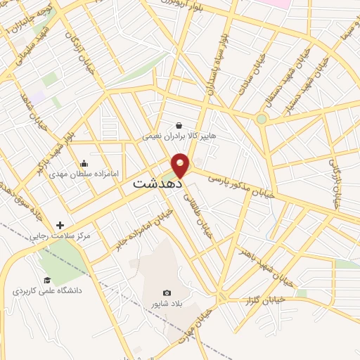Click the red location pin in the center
pos(181,165)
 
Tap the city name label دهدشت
pos(157,182)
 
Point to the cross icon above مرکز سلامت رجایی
pos(60,225)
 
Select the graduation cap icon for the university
pos(46,280)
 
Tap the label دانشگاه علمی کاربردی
pos(46,290)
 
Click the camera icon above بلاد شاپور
pos(167,292)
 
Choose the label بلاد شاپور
pos(167,303)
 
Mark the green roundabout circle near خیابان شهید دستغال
pos(262,119)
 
